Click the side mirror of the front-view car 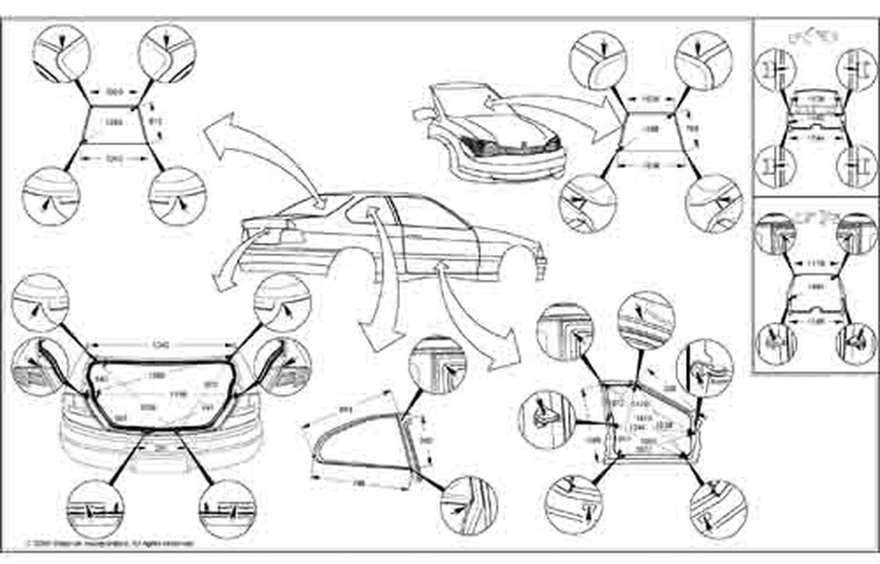(422, 112)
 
